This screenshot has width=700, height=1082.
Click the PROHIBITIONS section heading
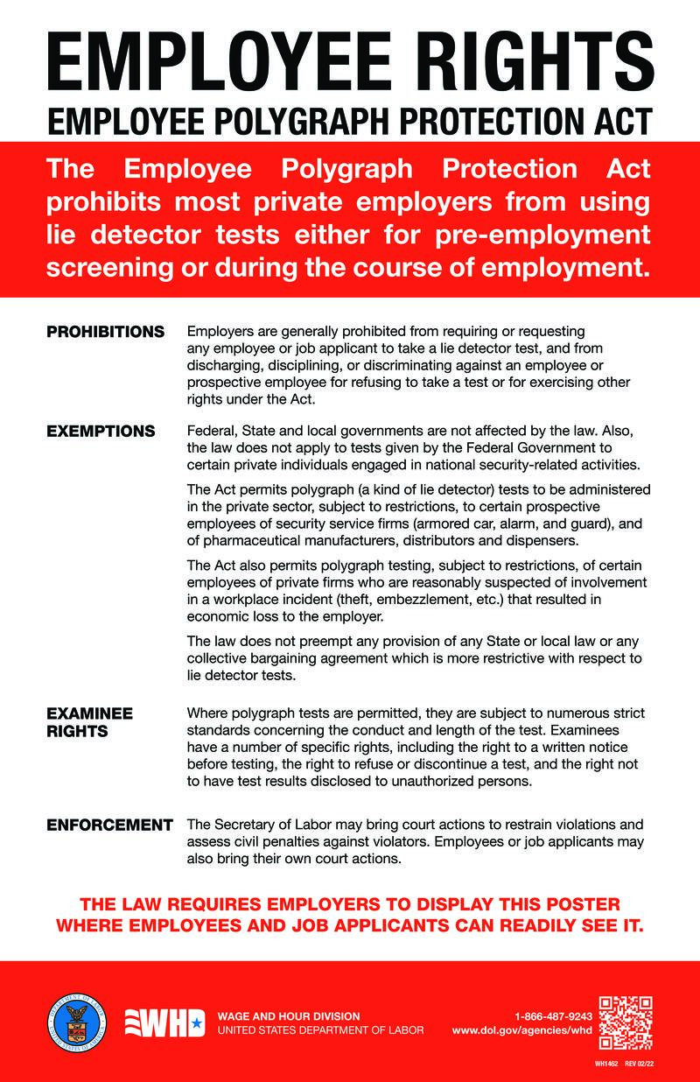click(x=105, y=332)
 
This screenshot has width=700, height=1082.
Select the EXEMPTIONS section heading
click(x=101, y=431)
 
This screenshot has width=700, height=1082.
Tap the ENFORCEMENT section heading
click(x=109, y=825)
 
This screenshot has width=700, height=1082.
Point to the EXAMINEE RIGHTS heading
click(x=89, y=722)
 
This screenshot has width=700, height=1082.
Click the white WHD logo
click(x=164, y=1023)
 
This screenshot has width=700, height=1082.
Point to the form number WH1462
click(x=605, y=1064)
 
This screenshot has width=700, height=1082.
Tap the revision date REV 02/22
click(x=639, y=1064)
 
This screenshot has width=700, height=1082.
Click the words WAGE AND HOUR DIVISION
click(x=288, y=1016)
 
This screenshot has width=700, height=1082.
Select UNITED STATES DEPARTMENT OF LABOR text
click(x=320, y=1030)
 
